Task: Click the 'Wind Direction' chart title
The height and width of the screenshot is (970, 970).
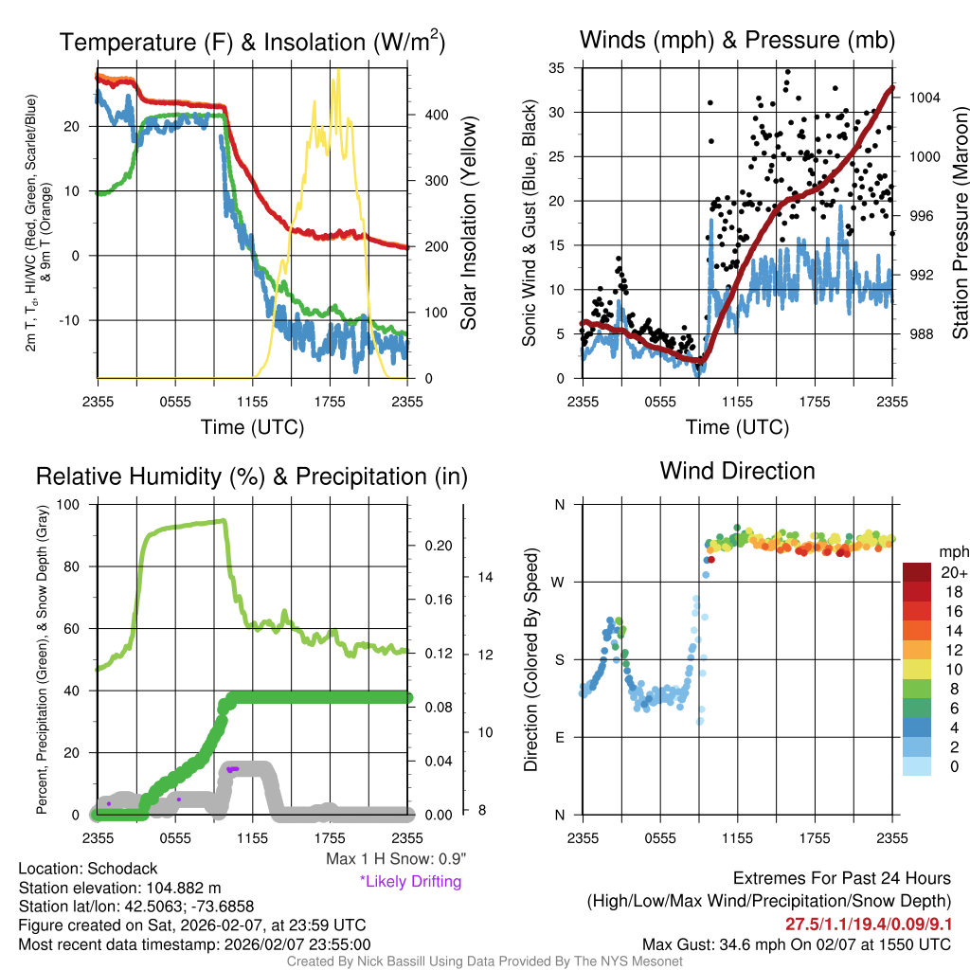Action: point(737,471)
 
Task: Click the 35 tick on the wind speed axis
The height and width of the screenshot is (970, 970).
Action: point(558,67)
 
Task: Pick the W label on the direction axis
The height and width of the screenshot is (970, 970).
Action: point(559,582)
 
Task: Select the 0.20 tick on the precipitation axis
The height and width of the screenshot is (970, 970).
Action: point(437,546)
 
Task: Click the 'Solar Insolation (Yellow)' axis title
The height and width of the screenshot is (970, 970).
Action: point(468,224)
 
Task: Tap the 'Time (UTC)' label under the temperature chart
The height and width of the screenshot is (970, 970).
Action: point(252,427)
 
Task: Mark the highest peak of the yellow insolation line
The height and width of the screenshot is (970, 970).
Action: point(337,70)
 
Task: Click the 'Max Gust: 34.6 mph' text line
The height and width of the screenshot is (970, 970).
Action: point(796,943)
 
